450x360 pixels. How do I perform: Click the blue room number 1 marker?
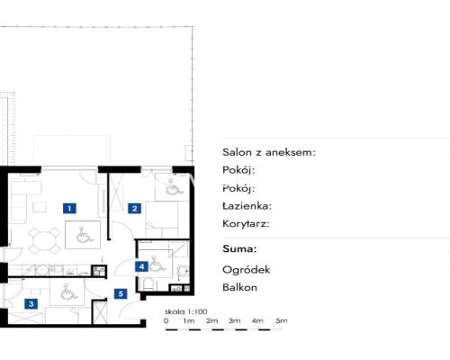tap(69, 208)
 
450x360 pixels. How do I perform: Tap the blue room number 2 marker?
tap(134, 208)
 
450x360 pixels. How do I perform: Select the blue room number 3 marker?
tap(31, 304)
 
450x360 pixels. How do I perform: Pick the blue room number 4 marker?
tap(141, 266)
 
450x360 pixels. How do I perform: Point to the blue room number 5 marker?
tap(121, 293)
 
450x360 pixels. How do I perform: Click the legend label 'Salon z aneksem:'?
tap(269, 152)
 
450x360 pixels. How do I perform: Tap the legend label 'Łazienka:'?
tap(247, 206)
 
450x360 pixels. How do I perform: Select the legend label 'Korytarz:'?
tap(246, 224)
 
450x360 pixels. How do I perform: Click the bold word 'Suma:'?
tap(239, 248)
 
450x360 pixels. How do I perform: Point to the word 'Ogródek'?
tap(247, 270)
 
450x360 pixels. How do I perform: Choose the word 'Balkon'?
tap(239, 287)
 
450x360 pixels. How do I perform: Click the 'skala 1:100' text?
tap(186, 311)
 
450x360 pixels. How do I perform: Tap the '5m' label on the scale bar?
tap(282, 320)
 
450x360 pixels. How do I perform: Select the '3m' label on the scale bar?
tap(235, 320)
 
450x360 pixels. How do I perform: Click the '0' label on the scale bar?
tap(166, 320)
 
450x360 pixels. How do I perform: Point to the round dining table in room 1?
tap(44, 240)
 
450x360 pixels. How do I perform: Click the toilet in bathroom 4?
tap(148, 283)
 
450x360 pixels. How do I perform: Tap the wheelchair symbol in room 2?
tap(173, 188)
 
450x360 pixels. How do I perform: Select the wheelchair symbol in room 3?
tap(68, 292)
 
